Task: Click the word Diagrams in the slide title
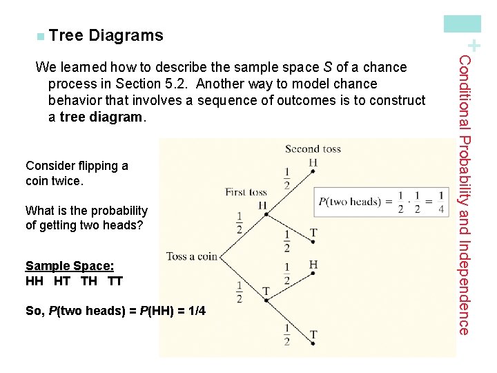tap(126, 35)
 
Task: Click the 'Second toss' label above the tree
tap(312, 149)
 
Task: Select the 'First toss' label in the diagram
tap(246, 191)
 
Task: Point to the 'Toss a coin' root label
tap(192, 256)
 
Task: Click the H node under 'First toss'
tap(262, 205)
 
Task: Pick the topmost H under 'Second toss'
tap(313, 162)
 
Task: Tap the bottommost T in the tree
tap(313, 335)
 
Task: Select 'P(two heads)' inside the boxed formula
tap(349, 202)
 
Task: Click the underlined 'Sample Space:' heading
tap(69, 266)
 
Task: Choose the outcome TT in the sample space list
tap(115, 281)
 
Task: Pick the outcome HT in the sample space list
tap(62, 281)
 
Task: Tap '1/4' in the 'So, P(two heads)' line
tap(196, 311)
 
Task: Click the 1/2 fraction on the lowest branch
tap(286, 334)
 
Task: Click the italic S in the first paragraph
tap(327, 68)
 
